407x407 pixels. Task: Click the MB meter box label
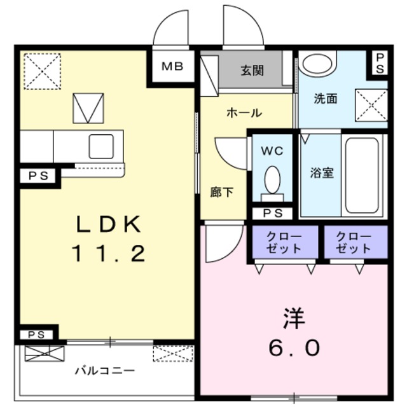[x=172, y=66]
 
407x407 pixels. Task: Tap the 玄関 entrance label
[x=252, y=71]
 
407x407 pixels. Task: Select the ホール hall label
[x=244, y=113]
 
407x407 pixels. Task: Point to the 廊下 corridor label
[x=221, y=192]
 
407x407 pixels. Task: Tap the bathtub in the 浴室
[x=362, y=176]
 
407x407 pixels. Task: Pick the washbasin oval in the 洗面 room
[x=317, y=64]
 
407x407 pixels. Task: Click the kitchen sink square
[x=101, y=146]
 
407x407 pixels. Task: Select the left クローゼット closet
[x=285, y=242]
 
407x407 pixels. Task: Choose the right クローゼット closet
[x=356, y=242]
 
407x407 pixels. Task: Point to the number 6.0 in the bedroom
[x=294, y=348]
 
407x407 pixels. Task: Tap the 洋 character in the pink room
[x=294, y=319]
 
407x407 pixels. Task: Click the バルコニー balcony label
[x=105, y=371]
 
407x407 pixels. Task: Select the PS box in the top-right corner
[x=380, y=64]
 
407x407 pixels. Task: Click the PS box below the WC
[x=273, y=214]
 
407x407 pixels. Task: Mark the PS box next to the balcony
[x=36, y=335]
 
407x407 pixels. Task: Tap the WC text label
[x=272, y=151]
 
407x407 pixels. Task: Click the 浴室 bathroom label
[x=322, y=172]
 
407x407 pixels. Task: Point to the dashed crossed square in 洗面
[x=371, y=105]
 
